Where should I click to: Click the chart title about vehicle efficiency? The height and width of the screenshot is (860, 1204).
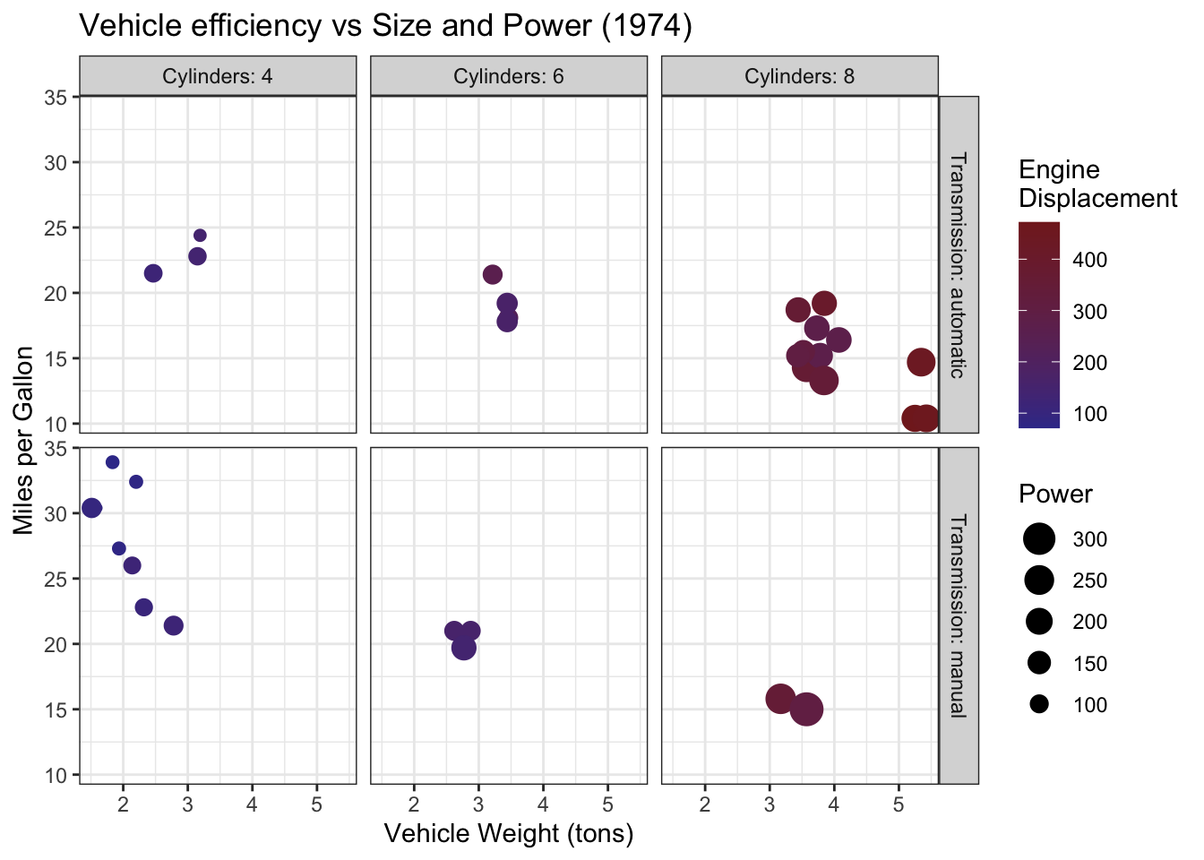[386, 26]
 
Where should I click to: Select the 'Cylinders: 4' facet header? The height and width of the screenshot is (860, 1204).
[218, 76]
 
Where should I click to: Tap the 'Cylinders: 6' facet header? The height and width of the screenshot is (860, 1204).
[508, 76]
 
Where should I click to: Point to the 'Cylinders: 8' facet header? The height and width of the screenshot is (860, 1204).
[799, 76]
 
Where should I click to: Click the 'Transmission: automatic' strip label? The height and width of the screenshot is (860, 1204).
[958, 265]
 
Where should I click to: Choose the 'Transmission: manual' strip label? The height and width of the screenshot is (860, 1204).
[958, 615]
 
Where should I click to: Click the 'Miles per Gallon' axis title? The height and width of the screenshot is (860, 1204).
[24, 440]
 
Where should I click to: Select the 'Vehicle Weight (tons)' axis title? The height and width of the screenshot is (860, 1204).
[509, 834]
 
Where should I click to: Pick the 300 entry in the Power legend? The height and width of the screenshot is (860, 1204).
[1040, 539]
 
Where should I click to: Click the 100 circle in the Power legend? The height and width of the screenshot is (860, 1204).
[1039, 705]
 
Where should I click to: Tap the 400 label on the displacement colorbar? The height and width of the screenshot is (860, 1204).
[1090, 260]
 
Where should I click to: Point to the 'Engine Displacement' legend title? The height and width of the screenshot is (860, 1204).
[1097, 184]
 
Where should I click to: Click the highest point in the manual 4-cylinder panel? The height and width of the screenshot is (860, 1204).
[112, 462]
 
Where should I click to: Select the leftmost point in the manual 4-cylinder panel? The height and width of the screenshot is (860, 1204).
[91, 508]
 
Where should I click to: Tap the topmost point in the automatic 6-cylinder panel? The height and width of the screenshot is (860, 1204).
[493, 275]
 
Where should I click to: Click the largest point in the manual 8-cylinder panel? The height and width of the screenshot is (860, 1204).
[806, 709]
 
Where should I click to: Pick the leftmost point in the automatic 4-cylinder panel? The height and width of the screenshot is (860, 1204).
[153, 273]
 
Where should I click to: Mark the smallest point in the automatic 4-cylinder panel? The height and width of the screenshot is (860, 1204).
[200, 236]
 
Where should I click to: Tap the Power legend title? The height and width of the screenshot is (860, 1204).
[1055, 494]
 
